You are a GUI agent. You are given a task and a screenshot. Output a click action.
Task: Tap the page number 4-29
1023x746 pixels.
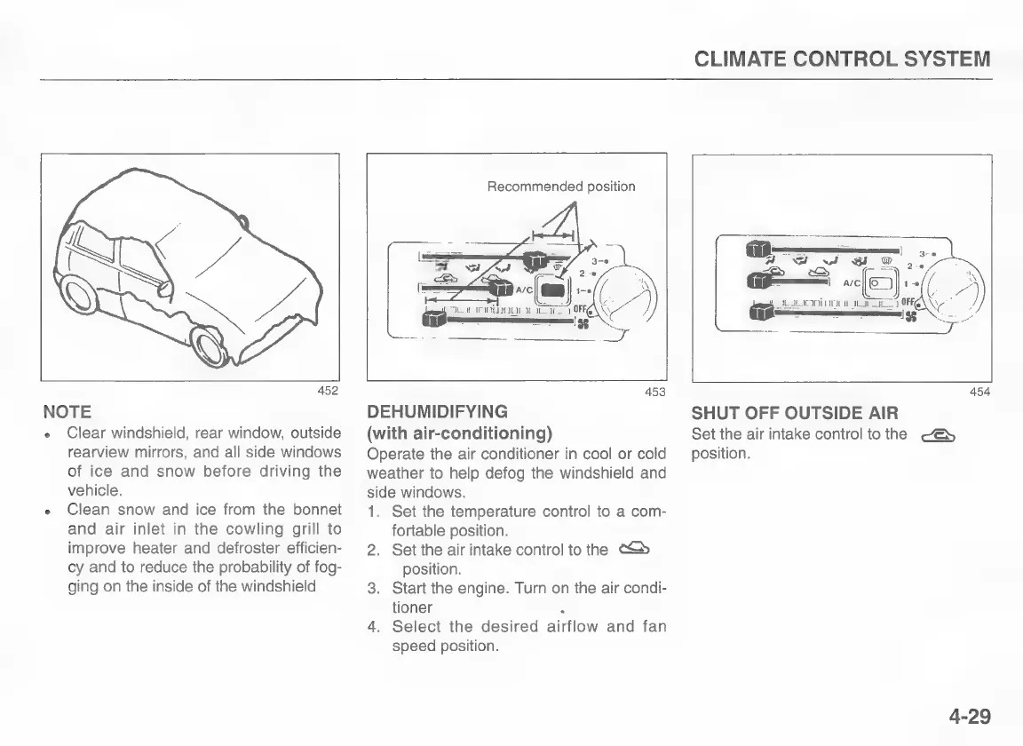(x=968, y=716)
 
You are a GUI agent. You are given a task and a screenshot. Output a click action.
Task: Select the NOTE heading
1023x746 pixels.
(x=67, y=412)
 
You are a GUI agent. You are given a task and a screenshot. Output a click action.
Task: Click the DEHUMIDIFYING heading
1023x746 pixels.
(x=437, y=412)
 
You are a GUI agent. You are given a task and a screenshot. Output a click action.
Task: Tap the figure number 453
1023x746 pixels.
(x=656, y=393)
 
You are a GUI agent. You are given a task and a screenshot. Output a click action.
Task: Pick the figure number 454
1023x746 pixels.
(x=980, y=392)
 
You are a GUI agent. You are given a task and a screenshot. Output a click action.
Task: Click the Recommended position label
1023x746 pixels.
(x=561, y=186)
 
